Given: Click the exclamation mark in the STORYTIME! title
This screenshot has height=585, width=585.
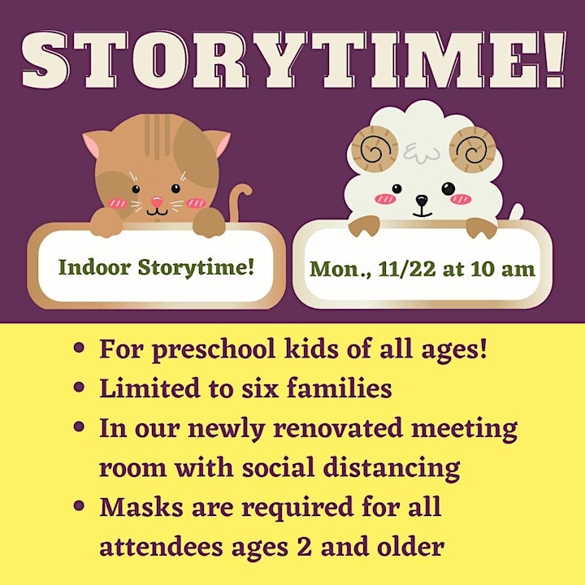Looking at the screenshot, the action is pyautogui.click(x=557, y=59).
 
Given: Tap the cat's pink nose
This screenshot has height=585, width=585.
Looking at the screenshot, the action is pyautogui.click(x=157, y=201).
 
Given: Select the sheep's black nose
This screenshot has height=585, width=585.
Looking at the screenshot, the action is pyautogui.click(x=422, y=201).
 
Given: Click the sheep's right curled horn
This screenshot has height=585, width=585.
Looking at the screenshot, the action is pyautogui.click(x=473, y=149).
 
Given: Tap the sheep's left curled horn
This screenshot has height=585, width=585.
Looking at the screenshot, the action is pyautogui.click(x=375, y=149).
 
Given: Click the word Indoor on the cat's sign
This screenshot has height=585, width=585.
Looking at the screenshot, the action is pyautogui.click(x=95, y=267).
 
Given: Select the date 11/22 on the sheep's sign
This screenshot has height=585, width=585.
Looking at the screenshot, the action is pyautogui.click(x=407, y=269).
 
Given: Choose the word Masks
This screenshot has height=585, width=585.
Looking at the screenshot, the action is pyautogui.click(x=141, y=507).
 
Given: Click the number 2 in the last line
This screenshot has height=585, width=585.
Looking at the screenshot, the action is pyautogui.click(x=305, y=547).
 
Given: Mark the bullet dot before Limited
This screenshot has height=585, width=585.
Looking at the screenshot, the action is pyautogui.click(x=79, y=387).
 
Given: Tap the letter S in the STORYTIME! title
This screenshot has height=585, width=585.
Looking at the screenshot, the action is pyautogui.click(x=45, y=59).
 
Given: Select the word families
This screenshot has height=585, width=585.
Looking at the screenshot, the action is pyautogui.click(x=339, y=388).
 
